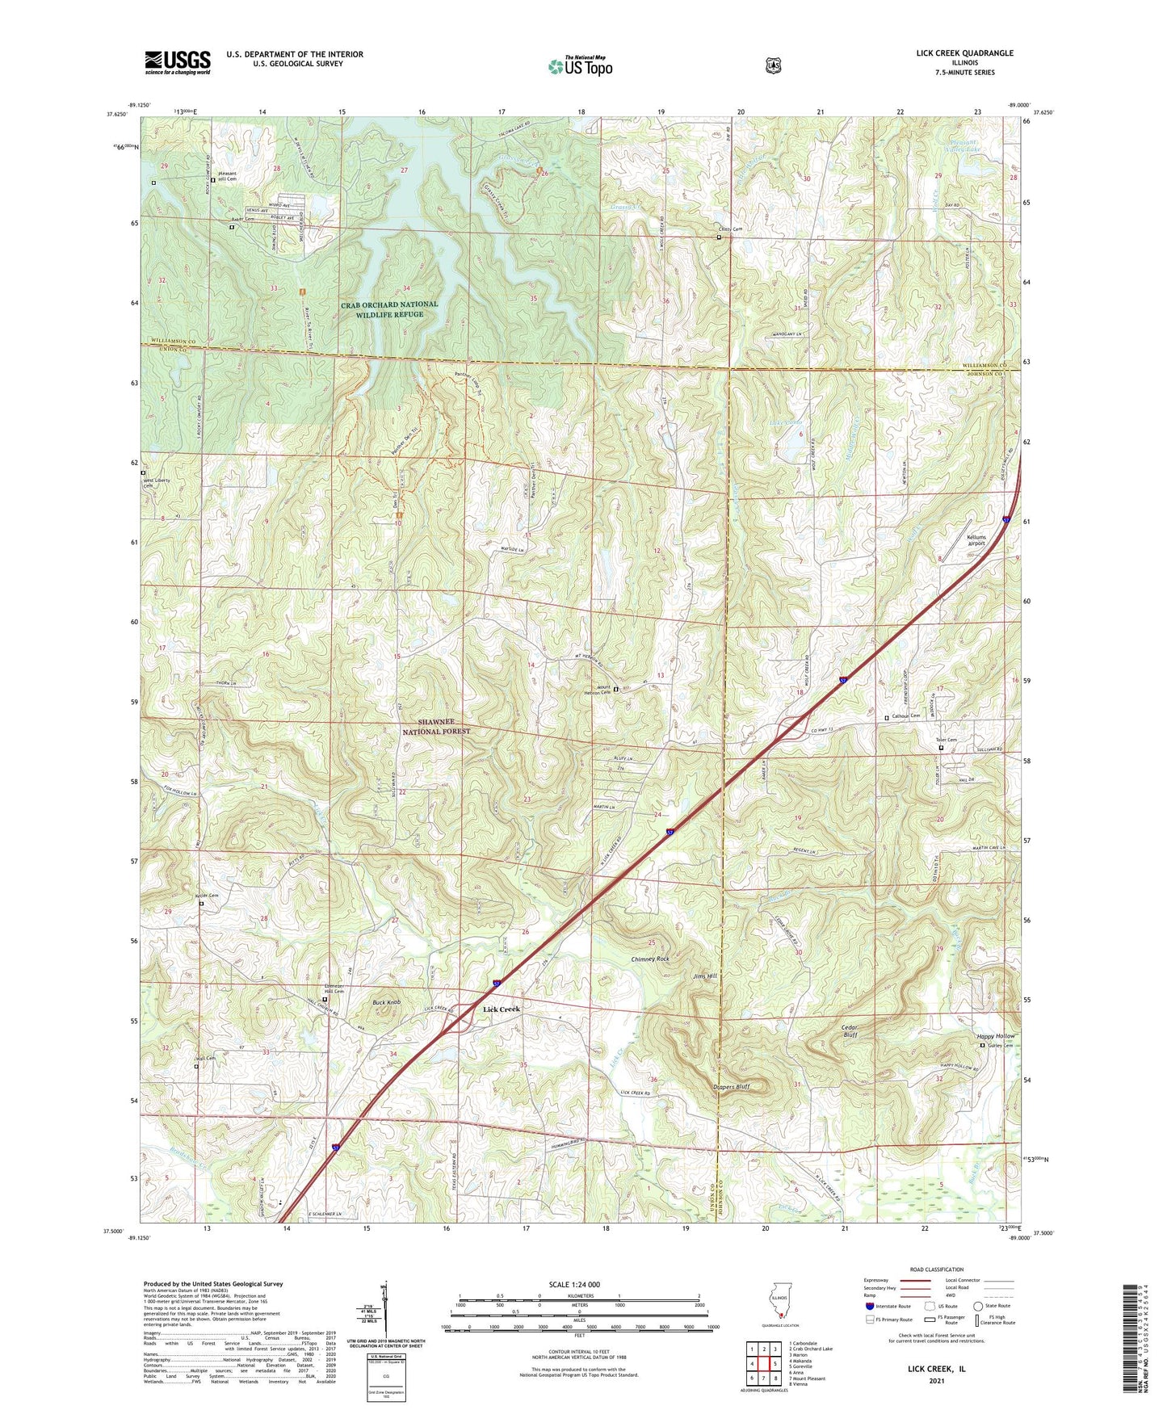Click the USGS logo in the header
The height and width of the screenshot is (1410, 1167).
click(178, 62)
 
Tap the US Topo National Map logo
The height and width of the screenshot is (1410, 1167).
click(579, 65)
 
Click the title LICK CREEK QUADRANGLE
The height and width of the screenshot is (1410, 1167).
click(964, 53)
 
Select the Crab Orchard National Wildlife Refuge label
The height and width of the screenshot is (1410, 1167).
click(389, 309)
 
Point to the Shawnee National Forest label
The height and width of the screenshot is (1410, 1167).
click(436, 726)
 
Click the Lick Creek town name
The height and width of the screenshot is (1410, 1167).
click(502, 1009)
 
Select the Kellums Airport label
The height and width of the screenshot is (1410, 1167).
click(976, 540)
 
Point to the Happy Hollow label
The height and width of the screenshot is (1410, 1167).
click(996, 1036)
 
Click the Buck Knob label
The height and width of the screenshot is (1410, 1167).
click(386, 1002)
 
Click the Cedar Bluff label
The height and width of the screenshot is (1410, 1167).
click(849, 1031)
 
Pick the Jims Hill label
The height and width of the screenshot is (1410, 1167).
click(704, 976)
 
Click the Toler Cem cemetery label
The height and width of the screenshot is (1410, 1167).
click(946, 741)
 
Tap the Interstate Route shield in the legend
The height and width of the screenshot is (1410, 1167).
click(868, 1306)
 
